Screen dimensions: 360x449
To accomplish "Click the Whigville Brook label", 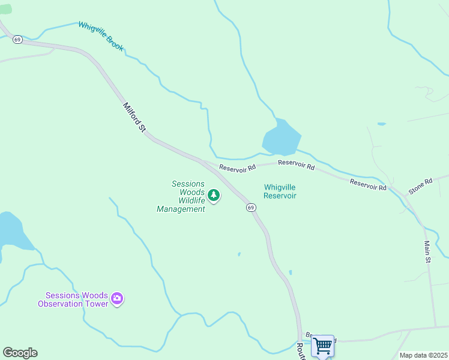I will (x=100, y=36).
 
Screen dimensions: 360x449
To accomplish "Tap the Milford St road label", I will (x=134, y=117).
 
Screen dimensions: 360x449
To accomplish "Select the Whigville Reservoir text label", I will (x=280, y=191).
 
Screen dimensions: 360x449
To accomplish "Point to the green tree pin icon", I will (x=213, y=195).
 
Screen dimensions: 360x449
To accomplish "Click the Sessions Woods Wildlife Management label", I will (x=181, y=196).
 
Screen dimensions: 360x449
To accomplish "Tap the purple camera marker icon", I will (x=117, y=298).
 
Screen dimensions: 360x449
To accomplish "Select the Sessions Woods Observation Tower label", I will (x=73, y=299).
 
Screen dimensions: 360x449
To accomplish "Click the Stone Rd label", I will (x=420, y=186).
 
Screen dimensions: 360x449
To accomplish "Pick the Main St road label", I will (x=427, y=252).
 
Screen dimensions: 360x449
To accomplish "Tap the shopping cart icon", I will (x=323, y=346).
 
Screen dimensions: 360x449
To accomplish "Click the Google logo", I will (x=20, y=353).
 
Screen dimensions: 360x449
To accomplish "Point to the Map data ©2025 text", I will (x=423, y=355).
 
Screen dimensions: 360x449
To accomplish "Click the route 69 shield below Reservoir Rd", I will (x=251, y=207).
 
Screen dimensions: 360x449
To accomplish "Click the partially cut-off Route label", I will (x=301, y=351).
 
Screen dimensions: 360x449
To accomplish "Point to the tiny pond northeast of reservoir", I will (x=381, y=124).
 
